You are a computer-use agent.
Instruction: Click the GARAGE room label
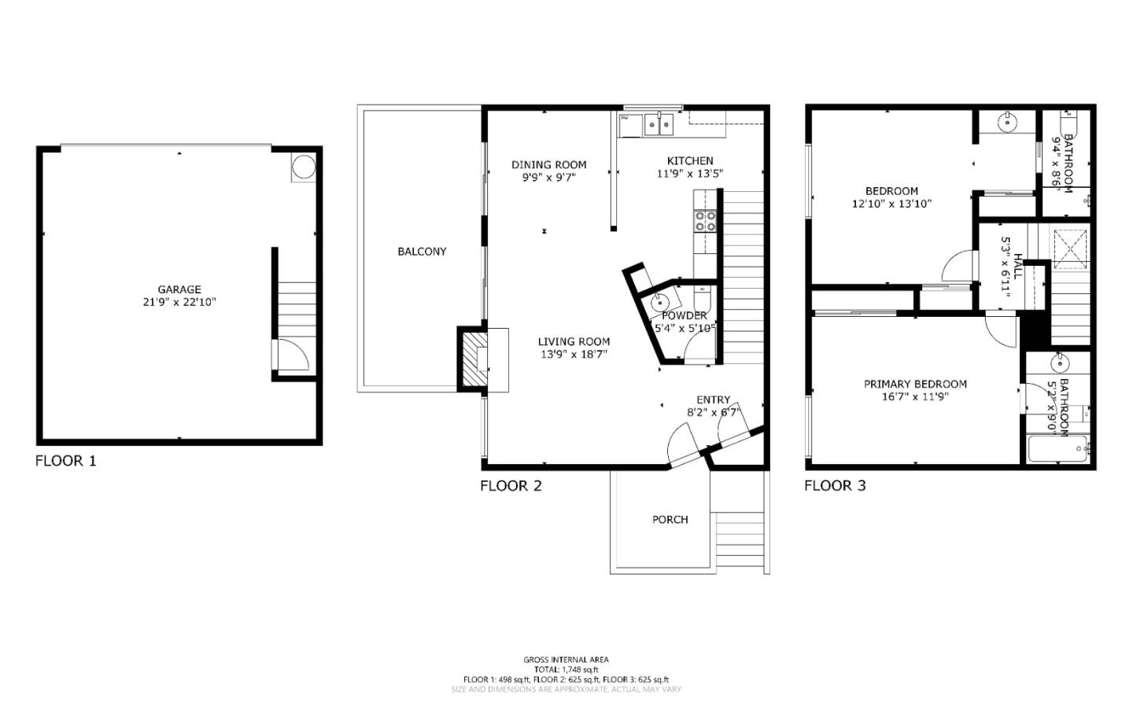179,289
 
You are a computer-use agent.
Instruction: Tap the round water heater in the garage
303,167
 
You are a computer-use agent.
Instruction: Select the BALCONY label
422,252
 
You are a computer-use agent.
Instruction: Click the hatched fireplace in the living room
474,359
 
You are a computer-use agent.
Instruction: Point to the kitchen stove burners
705,221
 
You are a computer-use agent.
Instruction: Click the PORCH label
670,520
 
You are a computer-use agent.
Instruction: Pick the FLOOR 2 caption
511,486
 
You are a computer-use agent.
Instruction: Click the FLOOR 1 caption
66,461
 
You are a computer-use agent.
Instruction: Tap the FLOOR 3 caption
835,486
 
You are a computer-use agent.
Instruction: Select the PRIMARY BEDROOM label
915,384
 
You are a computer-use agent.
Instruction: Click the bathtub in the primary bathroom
1057,449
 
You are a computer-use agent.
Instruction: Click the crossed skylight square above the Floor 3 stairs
1070,245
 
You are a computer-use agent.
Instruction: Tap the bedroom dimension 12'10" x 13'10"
891,204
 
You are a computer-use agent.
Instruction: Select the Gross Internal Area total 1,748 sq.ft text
566,669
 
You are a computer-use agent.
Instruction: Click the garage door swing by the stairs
290,355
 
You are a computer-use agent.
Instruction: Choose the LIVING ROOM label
574,341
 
